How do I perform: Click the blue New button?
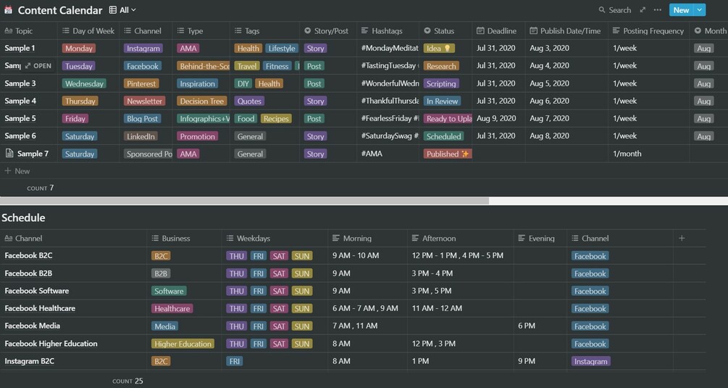(x=680, y=10)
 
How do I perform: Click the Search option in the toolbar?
(x=615, y=10)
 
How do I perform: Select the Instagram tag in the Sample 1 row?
(x=143, y=49)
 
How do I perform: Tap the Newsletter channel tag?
(x=144, y=102)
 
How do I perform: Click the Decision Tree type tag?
(x=201, y=102)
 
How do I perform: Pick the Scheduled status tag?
(x=443, y=136)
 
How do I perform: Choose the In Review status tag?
(x=442, y=102)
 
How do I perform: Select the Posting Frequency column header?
(x=648, y=31)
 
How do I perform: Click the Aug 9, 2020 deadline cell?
(x=496, y=118)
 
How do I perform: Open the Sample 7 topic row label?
(x=33, y=154)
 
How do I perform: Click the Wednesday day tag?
(x=84, y=83)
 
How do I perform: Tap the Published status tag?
(x=448, y=154)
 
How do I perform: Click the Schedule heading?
(x=23, y=218)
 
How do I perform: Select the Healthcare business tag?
(x=172, y=309)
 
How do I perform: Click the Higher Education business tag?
(x=183, y=344)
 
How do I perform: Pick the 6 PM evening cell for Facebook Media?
(x=527, y=326)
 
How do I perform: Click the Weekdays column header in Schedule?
(x=254, y=239)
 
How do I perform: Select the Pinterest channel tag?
(x=141, y=83)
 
